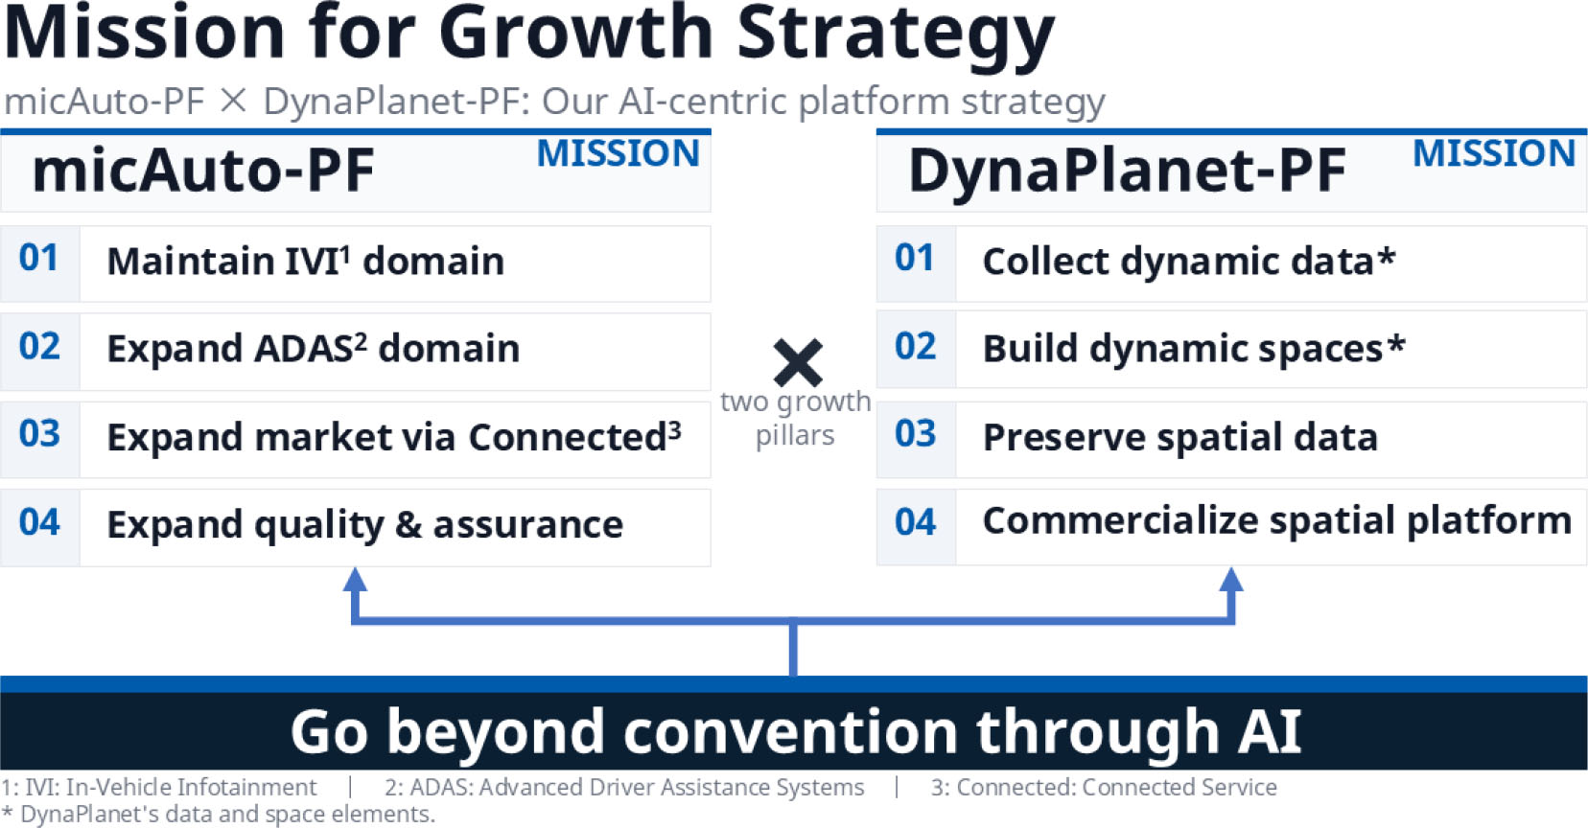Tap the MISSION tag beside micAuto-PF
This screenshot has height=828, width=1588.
point(619,153)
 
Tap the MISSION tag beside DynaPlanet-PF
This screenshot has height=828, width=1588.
point(1494,153)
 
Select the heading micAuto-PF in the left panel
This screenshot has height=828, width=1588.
point(203,171)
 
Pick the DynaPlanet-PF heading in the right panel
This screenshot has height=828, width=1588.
point(1127,171)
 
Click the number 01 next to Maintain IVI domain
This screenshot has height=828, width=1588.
point(39,258)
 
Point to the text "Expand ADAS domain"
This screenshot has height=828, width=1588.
point(314,349)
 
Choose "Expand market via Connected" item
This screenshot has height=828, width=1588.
point(394,436)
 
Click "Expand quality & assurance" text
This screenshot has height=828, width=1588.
point(365,525)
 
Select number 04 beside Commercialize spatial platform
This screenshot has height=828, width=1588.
point(915,522)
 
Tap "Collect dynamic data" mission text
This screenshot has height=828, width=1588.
point(1189,261)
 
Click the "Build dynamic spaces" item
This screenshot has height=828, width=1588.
point(1194,349)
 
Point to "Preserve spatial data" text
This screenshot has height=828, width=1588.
point(1180,437)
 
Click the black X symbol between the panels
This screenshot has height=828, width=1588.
point(798,362)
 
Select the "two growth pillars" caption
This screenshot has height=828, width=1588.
point(795,419)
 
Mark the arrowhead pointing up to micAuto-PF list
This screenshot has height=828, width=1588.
point(355,580)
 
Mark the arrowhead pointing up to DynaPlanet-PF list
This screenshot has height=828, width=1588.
point(1231,580)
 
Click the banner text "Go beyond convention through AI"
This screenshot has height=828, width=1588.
point(795,732)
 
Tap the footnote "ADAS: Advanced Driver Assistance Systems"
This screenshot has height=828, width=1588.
point(624,788)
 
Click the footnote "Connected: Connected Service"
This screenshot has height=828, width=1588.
point(1104,788)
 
